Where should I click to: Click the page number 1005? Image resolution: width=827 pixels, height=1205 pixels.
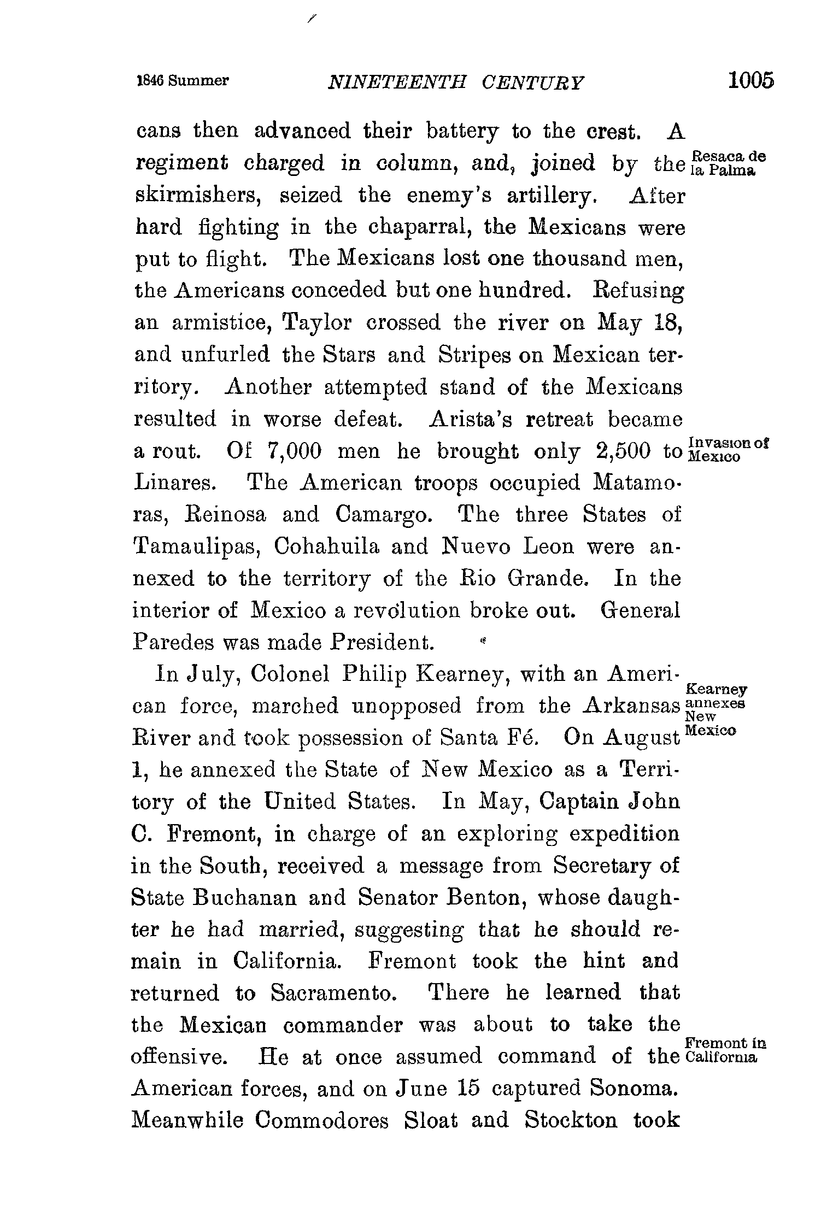pyautogui.click(x=750, y=80)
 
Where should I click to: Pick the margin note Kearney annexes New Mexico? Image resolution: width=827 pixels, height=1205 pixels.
pyautogui.click(x=715, y=709)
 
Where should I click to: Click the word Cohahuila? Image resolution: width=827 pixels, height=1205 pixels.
pyautogui.click(x=326, y=547)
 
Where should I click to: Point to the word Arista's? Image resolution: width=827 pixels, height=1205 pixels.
pyautogui.click(x=471, y=420)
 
